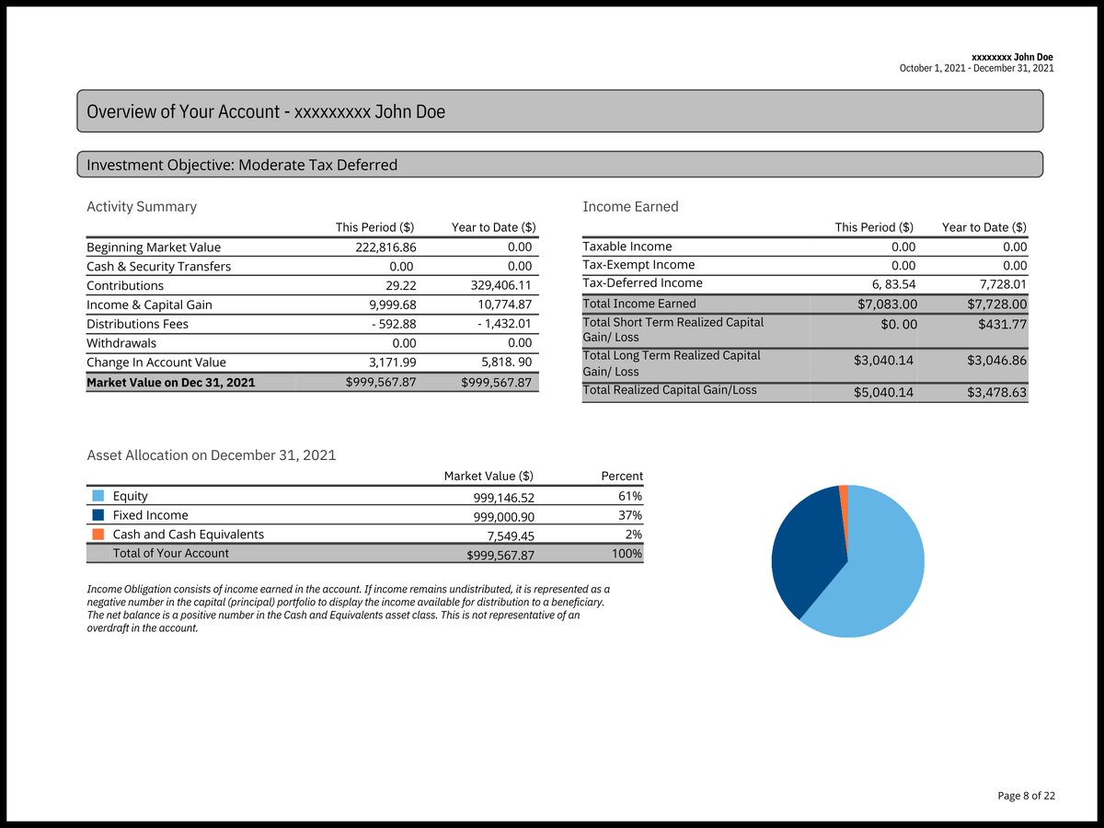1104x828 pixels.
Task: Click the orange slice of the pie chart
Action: pos(844,494)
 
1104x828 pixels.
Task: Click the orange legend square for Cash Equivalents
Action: pos(98,535)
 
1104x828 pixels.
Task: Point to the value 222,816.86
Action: pos(385,247)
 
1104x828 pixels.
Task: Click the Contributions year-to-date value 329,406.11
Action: pos(500,286)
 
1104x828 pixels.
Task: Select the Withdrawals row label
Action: pos(121,343)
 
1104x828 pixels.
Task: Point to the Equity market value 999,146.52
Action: pos(503,498)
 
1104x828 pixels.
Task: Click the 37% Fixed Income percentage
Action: pos(630,515)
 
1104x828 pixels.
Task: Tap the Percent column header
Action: pos(621,476)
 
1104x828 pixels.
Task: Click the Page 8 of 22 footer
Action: pos(1026,796)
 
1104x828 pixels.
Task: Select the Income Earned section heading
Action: pos(630,207)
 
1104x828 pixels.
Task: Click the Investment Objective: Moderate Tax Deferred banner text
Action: pos(242,166)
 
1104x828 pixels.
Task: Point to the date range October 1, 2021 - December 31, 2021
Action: pos(976,69)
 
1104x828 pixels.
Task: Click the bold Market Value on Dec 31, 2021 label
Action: pos(170,382)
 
